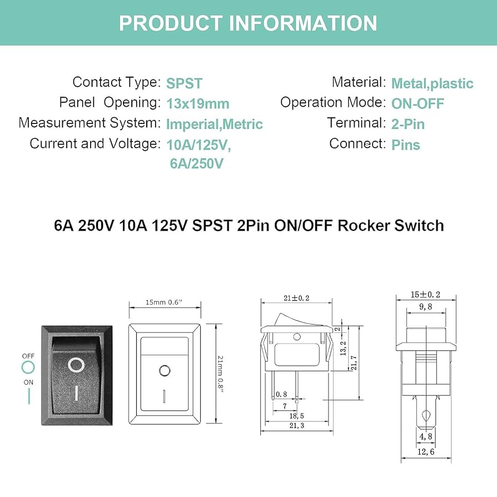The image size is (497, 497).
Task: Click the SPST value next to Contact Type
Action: tap(184, 84)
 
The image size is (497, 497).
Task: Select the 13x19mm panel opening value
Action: tap(197, 104)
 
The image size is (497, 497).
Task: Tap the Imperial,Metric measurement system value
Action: tap(214, 124)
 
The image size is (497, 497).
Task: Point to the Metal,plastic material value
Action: tap(432, 84)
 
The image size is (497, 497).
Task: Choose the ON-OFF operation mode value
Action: tap(418, 104)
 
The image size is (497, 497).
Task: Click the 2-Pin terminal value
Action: tap(408, 124)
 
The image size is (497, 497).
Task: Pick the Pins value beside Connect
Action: tap(406, 145)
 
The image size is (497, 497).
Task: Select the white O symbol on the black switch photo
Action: tap(76, 365)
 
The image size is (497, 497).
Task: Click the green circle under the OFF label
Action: tap(28, 367)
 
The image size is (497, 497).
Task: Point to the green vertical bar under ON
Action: tap(28, 396)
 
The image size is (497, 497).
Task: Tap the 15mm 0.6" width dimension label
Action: tap(165, 302)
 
